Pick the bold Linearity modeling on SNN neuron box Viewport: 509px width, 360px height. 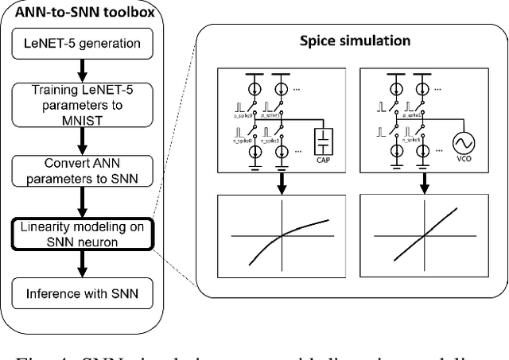click(82, 232)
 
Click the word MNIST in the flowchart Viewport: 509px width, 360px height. click(82, 118)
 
